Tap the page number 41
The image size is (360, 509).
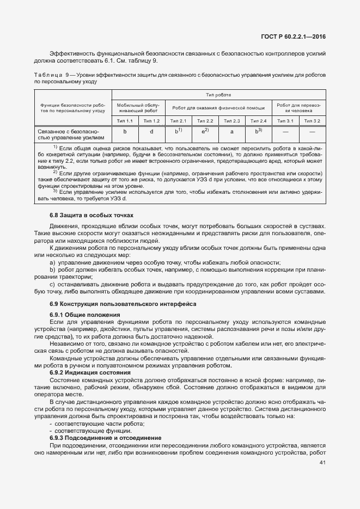321,463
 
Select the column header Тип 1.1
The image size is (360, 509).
125,120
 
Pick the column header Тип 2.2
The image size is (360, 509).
205,120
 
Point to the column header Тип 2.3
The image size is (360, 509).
231,120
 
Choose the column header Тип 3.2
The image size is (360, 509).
312,120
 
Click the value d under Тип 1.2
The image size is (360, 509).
151,132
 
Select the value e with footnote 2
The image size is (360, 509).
205,132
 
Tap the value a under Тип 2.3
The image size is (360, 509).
231,132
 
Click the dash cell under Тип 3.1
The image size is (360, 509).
285,132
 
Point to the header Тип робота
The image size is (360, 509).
218,94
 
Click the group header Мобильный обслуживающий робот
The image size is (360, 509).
138,106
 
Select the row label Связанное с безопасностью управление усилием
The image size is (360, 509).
68,134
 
